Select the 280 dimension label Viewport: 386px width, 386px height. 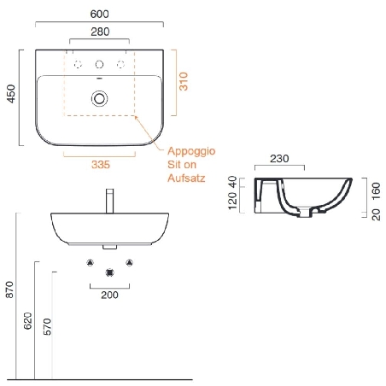(101, 32)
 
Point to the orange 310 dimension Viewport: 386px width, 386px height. (182, 83)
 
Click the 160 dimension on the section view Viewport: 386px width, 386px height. (375, 188)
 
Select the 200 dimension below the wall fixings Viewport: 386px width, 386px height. (109, 295)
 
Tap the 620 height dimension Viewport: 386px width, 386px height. (27, 320)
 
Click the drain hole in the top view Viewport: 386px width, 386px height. (101, 98)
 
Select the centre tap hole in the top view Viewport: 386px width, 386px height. (101, 65)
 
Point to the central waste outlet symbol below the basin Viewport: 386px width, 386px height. (109, 272)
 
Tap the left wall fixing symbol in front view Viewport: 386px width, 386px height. (91, 262)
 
